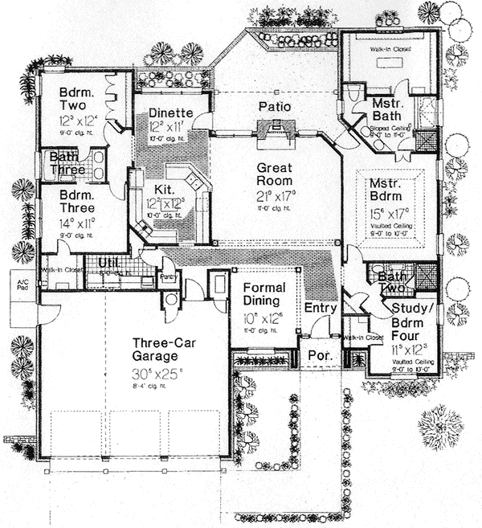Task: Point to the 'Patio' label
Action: [274, 106]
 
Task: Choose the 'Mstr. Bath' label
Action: [392, 113]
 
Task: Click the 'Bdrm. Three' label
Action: [77, 202]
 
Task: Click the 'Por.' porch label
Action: [312, 353]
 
